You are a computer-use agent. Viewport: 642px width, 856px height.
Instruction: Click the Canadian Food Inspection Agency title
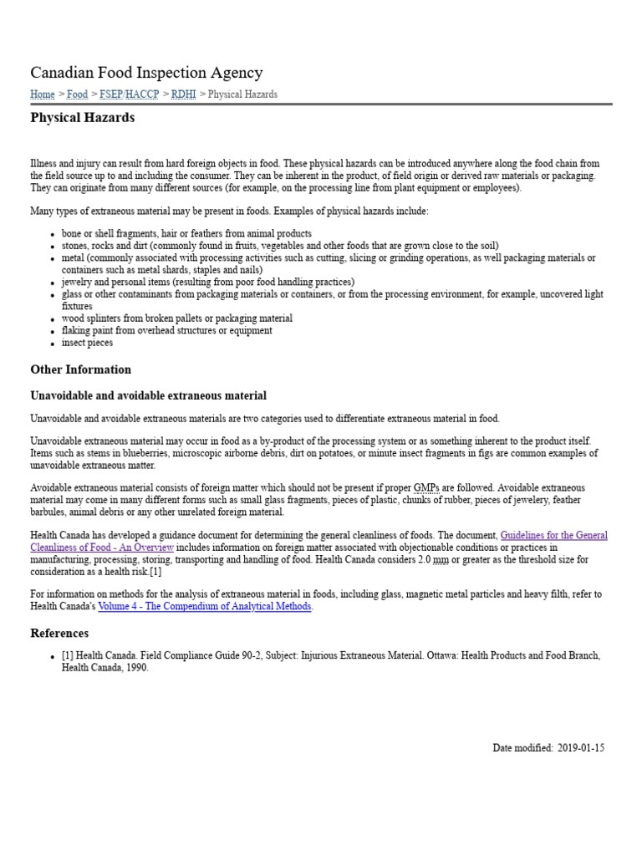(x=146, y=73)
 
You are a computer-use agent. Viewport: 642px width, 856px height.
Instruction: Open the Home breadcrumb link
(x=43, y=94)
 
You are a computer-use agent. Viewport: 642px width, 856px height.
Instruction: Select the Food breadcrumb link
(x=77, y=94)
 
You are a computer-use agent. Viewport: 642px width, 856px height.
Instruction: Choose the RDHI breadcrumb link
(x=183, y=94)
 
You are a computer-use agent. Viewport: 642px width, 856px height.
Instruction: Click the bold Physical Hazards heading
(x=82, y=118)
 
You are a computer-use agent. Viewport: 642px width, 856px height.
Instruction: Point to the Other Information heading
(x=80, y=369)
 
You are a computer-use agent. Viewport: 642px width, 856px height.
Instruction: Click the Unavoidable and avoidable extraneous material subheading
(x=148, y=395)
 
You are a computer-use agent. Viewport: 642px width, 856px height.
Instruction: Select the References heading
(x=59, y=634)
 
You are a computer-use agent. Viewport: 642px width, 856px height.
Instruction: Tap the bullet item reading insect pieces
(x=87, y=343)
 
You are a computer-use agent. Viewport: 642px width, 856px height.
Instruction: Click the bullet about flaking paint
(x=166, y=330)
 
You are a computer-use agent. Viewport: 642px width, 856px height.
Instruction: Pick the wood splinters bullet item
(x=176, y=318)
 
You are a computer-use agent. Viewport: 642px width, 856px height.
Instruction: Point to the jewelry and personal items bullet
(x=207, y=283)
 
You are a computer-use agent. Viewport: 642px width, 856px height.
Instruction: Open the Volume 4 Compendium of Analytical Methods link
(x=205, y=607)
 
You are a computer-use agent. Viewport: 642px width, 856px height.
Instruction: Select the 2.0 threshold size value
(x=423, y=559)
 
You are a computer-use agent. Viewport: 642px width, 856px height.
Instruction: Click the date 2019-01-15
(x=581, y=748)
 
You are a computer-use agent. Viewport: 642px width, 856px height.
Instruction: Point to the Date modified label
(x=522, y=748)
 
